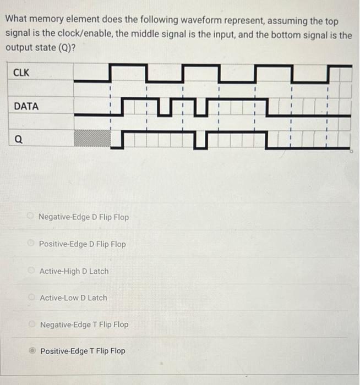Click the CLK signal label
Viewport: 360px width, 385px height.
pyautogui.click(x=21, y=73)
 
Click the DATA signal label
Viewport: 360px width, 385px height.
pyautogui.click(x=26, y=106)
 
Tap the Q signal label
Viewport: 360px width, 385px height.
pyautogui.click(x=19, y=140)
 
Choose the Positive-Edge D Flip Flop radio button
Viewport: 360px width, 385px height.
pyautogui.click(x=32, y=244)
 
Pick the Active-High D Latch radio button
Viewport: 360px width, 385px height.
pyautogui.click(x=32, y=271)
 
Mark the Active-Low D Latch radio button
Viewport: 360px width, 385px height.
pyautogui.click(x=32, y=298)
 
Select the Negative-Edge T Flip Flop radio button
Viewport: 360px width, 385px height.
pyautogui.click(x=32, y=324)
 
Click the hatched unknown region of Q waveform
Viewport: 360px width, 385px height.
pyautogui.click(x=92, y=138)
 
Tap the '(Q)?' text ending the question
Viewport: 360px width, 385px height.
pyautogui.click(x=63, y=47)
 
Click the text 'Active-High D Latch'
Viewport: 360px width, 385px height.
pyautogui.click(x=74, y=271)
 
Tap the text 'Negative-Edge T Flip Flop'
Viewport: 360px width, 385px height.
pyautogui.click(x=84, y=324)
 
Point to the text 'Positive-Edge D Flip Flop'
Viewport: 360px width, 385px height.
pyautogui.click(x=83, y=244)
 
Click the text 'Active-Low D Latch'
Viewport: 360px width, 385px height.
pyautogui.click(x=73, y=298)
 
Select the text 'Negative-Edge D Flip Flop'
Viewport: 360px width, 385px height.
pyautogui.click(x=84, y=217)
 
